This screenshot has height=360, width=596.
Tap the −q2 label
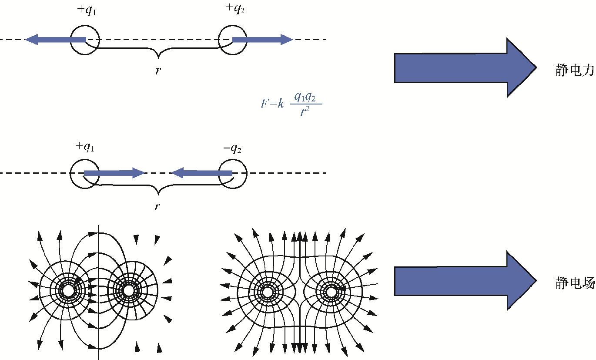pos(232,148)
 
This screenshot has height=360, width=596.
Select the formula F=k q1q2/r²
pos(291,104)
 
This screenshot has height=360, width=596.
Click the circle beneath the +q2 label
pos(232,40)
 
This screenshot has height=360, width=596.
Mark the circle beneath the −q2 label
pos(232,173)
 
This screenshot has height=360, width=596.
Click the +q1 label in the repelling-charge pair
pos(86,10)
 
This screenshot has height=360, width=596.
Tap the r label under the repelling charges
pos(158,70)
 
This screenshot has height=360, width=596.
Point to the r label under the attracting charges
pos(157,206)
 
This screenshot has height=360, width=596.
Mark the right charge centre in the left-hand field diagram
pos(128,290)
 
